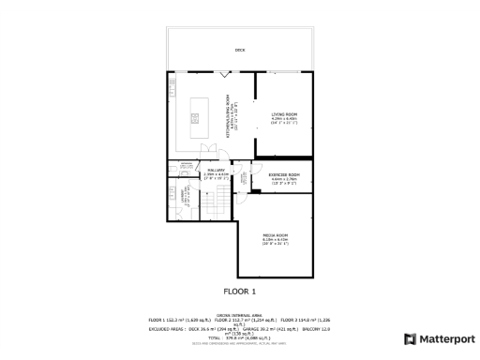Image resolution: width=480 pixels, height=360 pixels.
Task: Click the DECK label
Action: [x=240, y=50]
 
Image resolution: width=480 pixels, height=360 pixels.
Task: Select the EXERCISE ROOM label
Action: [x=283, y=175]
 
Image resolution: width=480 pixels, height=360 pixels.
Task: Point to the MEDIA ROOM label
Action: [x=275, y=234]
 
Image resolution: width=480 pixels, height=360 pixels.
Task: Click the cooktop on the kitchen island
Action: [x=196, y=116]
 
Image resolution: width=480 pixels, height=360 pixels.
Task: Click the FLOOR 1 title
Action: [x=239, y=292]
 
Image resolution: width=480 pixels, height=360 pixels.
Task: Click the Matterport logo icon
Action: [x=410, y=338]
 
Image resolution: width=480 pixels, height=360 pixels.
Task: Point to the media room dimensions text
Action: [x=275, y=241]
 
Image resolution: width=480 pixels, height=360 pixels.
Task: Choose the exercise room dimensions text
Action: [x=283, y=182]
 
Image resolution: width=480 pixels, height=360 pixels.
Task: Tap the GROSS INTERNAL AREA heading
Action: [x=240, y=316]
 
